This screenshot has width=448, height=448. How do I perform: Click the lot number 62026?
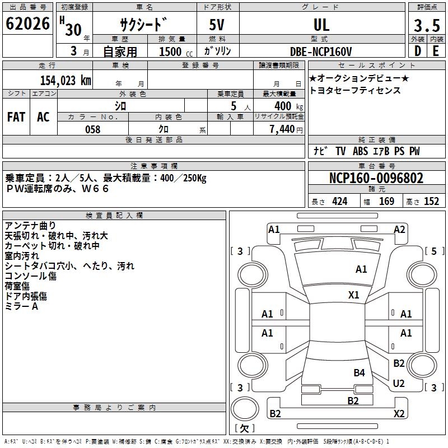[27, 24]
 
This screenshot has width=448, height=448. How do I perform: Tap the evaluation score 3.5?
[426, 26]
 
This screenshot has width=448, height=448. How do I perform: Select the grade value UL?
[321, 25]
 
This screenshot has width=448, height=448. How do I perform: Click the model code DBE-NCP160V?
[321, 52]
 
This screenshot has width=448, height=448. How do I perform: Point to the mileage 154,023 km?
[65, 80]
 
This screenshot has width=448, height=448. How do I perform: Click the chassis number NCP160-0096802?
[376, 179]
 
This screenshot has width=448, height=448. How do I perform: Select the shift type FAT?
[16, 117]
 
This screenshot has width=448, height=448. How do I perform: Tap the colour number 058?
[92, 129]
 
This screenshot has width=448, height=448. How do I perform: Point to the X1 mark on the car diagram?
[353, 295]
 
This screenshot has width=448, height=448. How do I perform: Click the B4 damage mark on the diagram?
[359, 373]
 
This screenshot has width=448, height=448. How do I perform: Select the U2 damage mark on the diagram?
[399, 384]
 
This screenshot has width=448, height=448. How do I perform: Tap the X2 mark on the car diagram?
[399, 414]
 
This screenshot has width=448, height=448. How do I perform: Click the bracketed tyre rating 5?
[434, 251]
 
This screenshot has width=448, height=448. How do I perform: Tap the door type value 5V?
[218, 25]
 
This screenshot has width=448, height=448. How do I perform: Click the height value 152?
[431, 201]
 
